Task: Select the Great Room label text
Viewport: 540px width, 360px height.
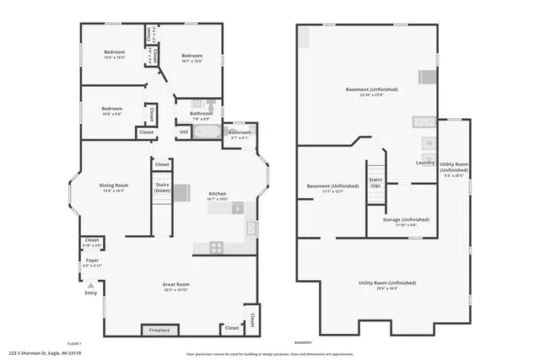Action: pos(175,284)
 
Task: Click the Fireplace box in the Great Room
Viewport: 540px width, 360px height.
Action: pos(159,329)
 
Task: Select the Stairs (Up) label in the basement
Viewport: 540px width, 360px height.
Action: pos(375,181)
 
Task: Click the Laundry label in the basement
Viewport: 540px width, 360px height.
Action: pos(425,163)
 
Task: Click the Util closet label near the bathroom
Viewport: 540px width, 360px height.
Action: pos(184,132)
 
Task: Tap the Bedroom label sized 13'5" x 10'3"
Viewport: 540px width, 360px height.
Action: pos(114,52)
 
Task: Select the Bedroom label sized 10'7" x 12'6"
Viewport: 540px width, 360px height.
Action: pos(192,56)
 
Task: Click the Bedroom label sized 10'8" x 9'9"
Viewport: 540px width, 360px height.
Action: pos(112,108)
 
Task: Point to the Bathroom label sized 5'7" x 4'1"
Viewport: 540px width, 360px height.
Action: pos(240,132)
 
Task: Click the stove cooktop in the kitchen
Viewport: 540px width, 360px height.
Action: pos(216,247)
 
